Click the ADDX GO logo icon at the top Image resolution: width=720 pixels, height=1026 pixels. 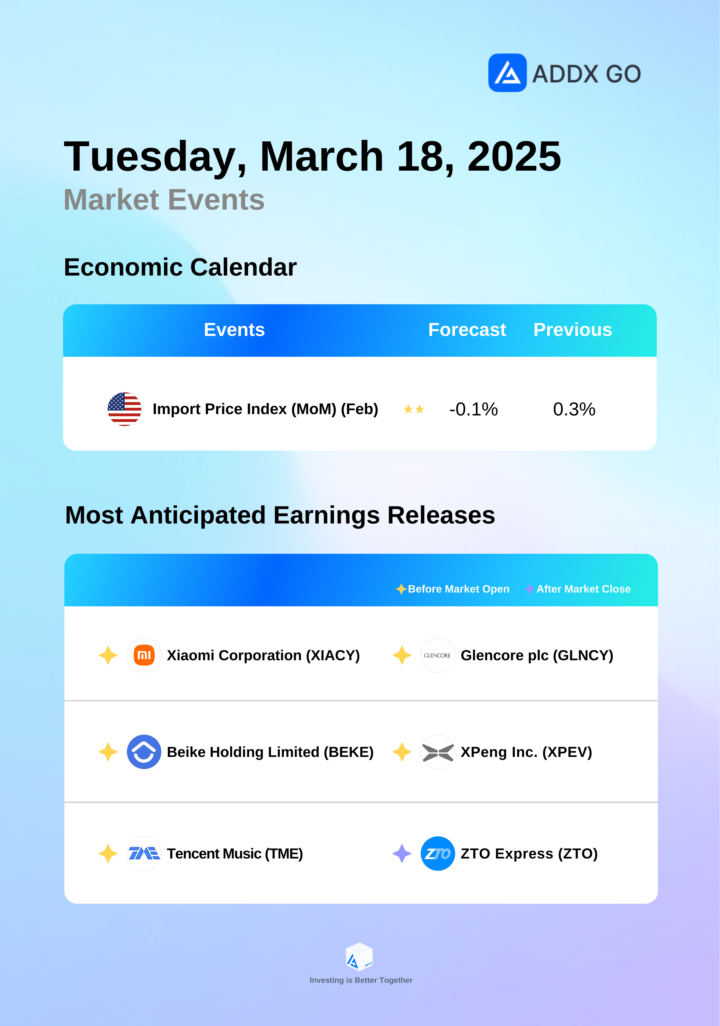507,73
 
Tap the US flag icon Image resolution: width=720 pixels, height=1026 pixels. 124,409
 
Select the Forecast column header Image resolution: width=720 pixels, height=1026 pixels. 467,330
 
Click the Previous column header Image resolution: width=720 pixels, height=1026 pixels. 573,330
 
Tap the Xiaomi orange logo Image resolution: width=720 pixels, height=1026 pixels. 144,655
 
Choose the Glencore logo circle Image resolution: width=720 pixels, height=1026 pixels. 438,655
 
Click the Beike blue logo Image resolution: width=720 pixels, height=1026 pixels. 144,752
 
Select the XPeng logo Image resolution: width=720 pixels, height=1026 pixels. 438,752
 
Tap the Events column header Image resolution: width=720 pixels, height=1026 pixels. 234,330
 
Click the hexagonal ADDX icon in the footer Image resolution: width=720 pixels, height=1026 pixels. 359,957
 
